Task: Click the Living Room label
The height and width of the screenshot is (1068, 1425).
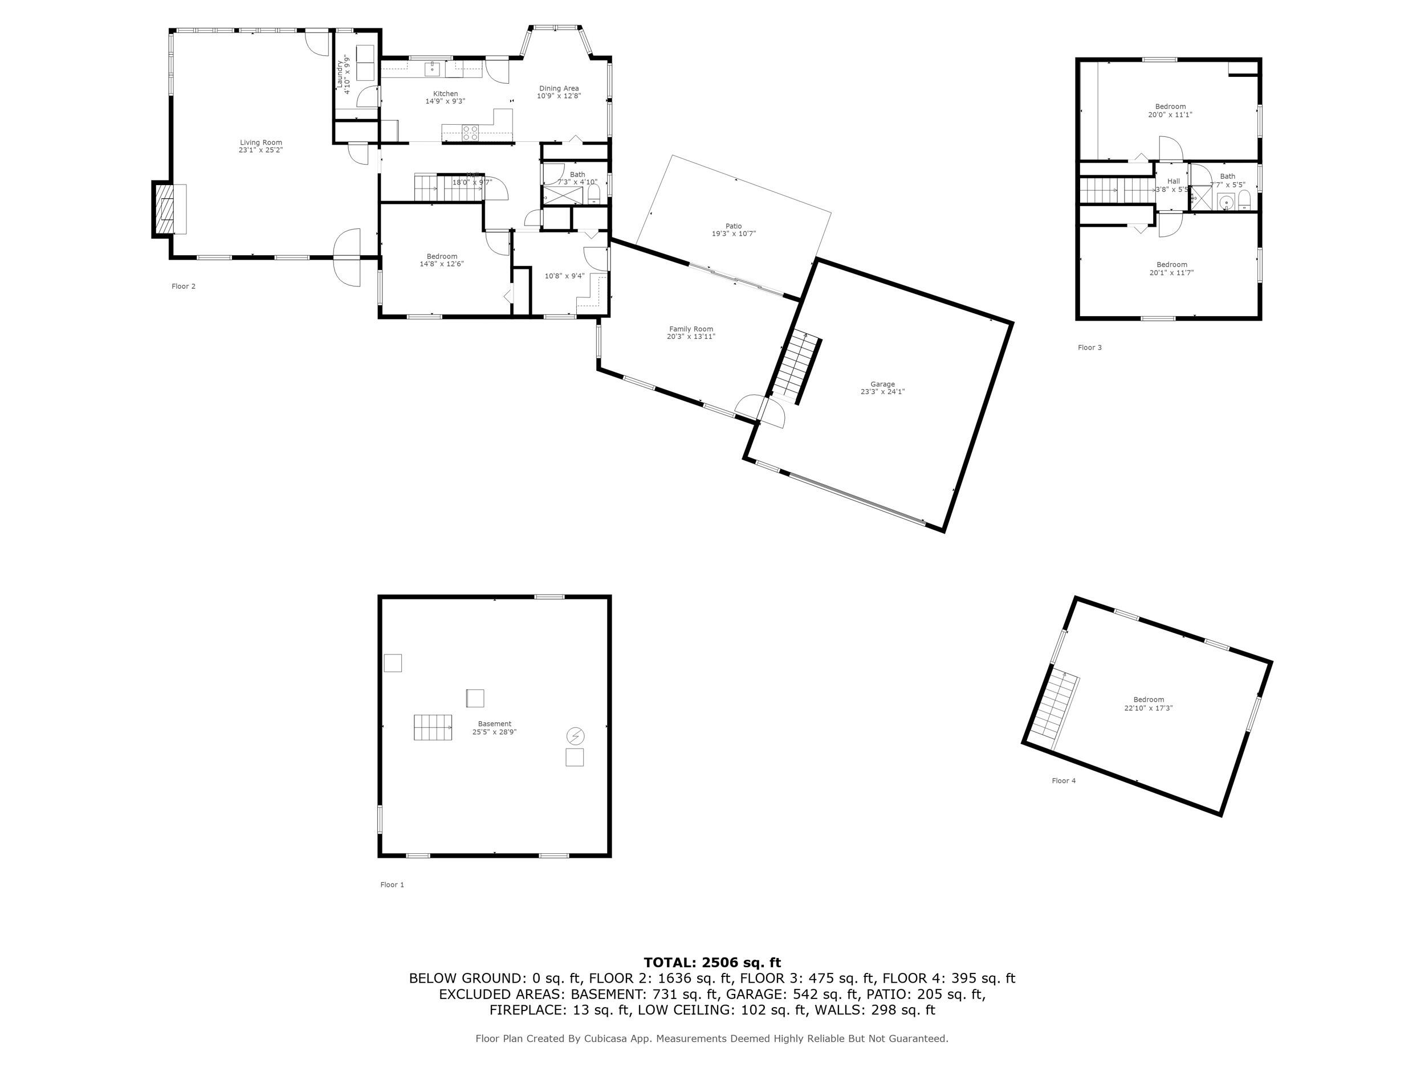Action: pos(261,143)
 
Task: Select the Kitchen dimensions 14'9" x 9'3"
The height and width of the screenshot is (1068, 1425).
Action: pos(445,102)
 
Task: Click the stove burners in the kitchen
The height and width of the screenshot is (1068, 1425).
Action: pos(470,133)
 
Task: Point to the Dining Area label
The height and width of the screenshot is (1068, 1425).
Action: pos(559,88)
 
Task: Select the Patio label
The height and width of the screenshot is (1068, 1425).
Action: pos(733,226)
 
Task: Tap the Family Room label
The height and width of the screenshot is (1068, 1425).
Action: pos(691,329)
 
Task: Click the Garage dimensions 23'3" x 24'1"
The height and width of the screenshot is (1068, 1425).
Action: pos(882,392)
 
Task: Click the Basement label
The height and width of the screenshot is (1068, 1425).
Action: pos(494,723)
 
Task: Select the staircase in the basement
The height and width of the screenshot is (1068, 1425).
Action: pos(432,727)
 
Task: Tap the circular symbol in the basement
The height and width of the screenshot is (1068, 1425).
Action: pos(575,735)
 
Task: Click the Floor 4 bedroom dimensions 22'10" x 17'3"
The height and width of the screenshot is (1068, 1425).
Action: pos(1149,708)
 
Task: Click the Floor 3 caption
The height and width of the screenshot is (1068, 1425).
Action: pos(1089,347)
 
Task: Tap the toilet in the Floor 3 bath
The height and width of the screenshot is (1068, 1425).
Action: pos(1244,202)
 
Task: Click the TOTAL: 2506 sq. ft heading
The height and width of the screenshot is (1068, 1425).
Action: pos(712,963)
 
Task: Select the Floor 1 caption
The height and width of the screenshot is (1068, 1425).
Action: pos(392,885)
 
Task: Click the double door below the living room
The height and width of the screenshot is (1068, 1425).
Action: pos(347,257)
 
